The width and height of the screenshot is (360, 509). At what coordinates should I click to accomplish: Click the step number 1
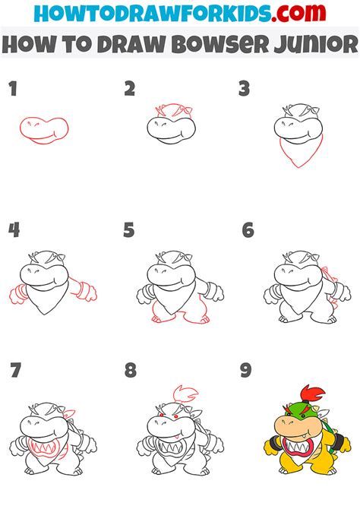[x=12, y=90]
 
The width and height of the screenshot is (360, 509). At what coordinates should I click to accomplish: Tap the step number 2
[x=130, y=90]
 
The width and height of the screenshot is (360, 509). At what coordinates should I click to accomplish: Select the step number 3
[x=244, y=90]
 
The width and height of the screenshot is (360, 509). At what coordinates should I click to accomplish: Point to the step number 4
[x=13, y=230]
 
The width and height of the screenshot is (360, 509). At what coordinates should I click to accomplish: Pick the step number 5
[x=130, y=230]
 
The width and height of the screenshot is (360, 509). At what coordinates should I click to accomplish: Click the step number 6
[x=248, y=230]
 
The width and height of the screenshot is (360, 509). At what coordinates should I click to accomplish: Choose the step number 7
[x=14, y=371]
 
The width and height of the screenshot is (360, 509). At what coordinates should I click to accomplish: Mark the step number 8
[x=130, y=371]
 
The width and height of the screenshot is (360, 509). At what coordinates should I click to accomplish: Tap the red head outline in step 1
[x=44, y=129]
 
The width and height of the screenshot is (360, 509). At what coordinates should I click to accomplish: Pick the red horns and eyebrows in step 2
[x=166, y=112]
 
